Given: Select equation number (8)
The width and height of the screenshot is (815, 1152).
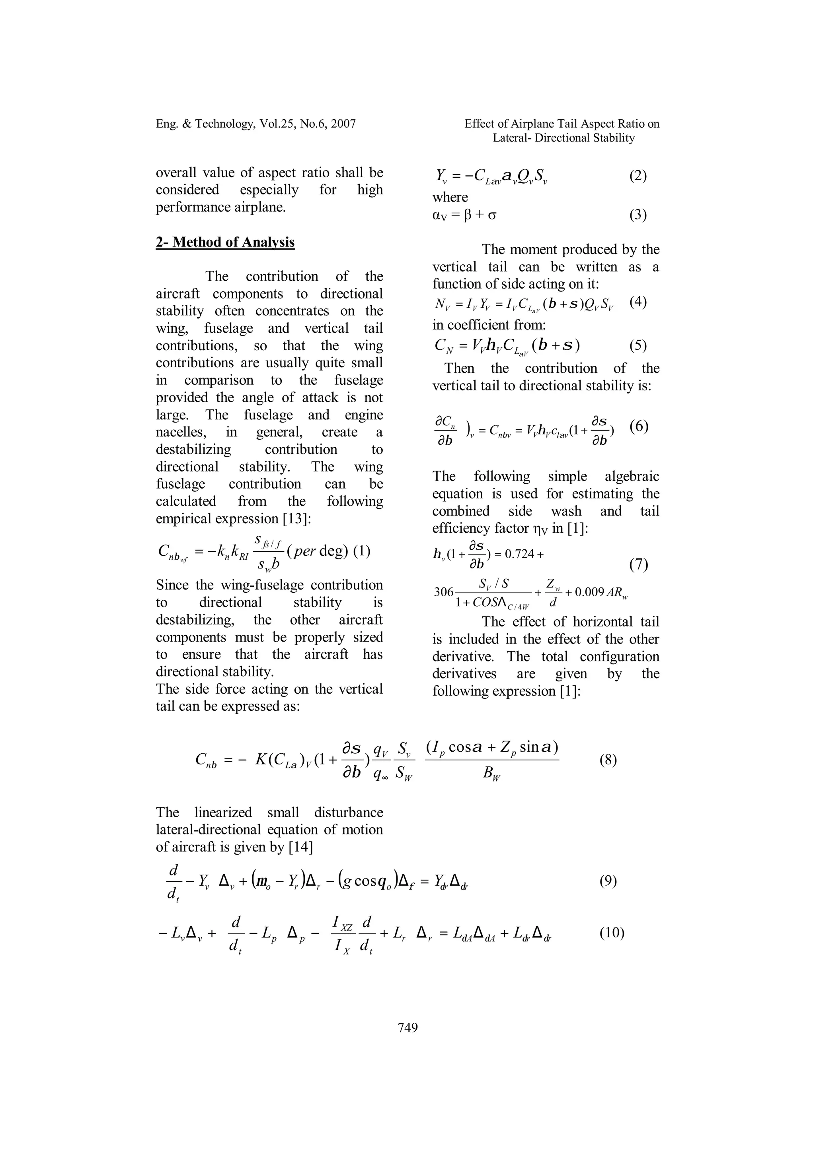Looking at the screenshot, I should pyautogui.click(x=608, y=760).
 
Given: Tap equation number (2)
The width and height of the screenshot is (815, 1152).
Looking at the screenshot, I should pyautogui.click(x=638, y=176).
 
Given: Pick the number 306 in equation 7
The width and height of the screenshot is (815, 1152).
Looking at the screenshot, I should pyautogui.click(x=444, y=592).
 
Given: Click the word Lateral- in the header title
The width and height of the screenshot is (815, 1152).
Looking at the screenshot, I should pyautogui.click(x=512, y=138).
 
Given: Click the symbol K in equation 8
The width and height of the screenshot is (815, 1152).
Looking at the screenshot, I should pyautogui.click(x=261, y=760).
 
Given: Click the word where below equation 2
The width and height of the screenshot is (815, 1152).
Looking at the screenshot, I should pyautogui.click(x=450, y=197).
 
